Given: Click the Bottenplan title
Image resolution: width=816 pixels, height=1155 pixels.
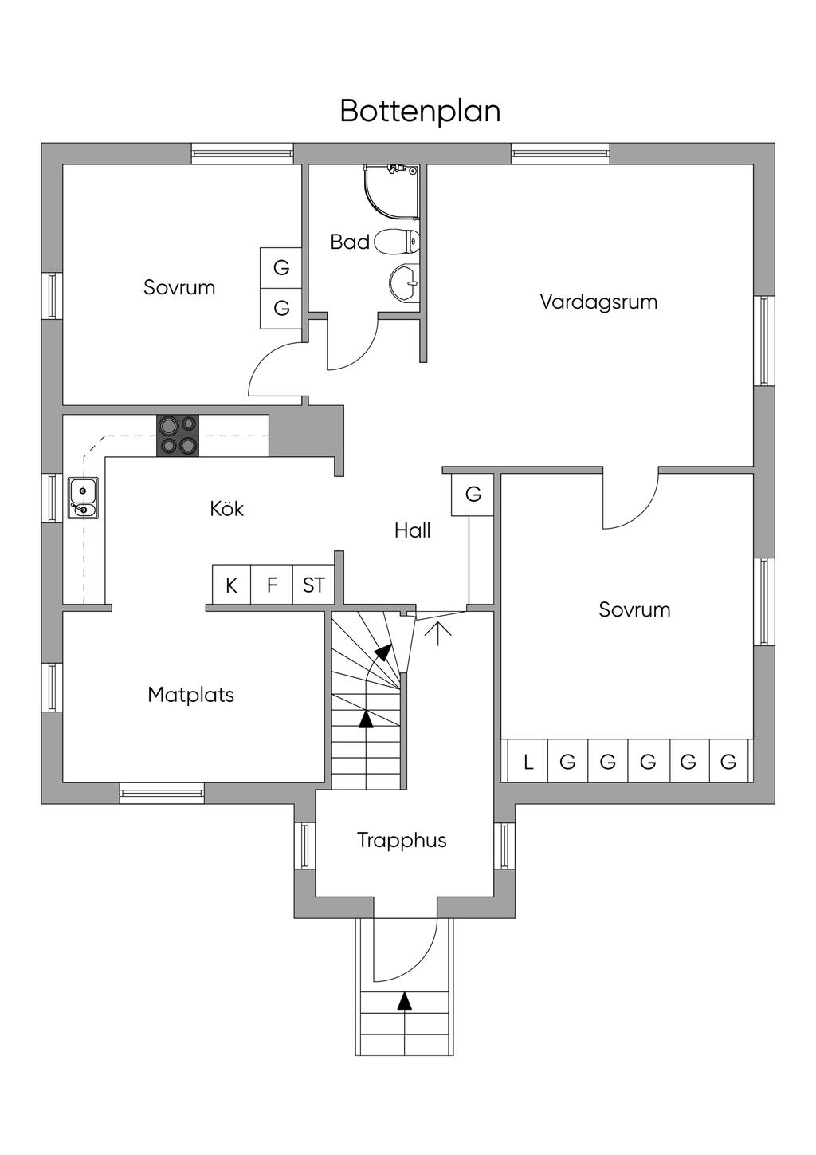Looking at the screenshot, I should click(420, 111).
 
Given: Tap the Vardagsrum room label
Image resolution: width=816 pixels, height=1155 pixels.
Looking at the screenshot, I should click(598, 302).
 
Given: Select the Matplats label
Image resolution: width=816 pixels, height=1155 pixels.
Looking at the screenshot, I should click(191, 695).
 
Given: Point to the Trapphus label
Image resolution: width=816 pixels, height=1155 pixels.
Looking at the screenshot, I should click(402, 840).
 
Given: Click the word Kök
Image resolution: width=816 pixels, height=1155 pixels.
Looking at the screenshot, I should click(227, 509).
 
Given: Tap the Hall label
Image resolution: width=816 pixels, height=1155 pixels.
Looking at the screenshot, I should click(413, 530).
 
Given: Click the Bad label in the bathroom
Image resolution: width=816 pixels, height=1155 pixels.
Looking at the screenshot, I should click(350, 242).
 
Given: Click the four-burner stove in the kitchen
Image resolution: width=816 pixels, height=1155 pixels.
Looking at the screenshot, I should click(178, 436).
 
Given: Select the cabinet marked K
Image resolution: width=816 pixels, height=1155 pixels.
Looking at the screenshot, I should click(231, 585).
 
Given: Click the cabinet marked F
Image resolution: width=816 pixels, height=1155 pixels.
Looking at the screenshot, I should click(272, 585).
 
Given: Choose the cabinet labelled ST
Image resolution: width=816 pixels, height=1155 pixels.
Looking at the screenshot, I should click(313, 585).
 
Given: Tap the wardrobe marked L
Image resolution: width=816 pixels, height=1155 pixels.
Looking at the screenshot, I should click(528, 762).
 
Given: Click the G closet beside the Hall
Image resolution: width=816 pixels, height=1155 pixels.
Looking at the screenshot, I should click(473, 495).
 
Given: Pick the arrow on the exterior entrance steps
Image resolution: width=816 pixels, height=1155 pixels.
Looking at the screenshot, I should click(405, 1001).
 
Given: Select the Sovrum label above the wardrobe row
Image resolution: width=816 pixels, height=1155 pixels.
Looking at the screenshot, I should click(634, 610).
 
